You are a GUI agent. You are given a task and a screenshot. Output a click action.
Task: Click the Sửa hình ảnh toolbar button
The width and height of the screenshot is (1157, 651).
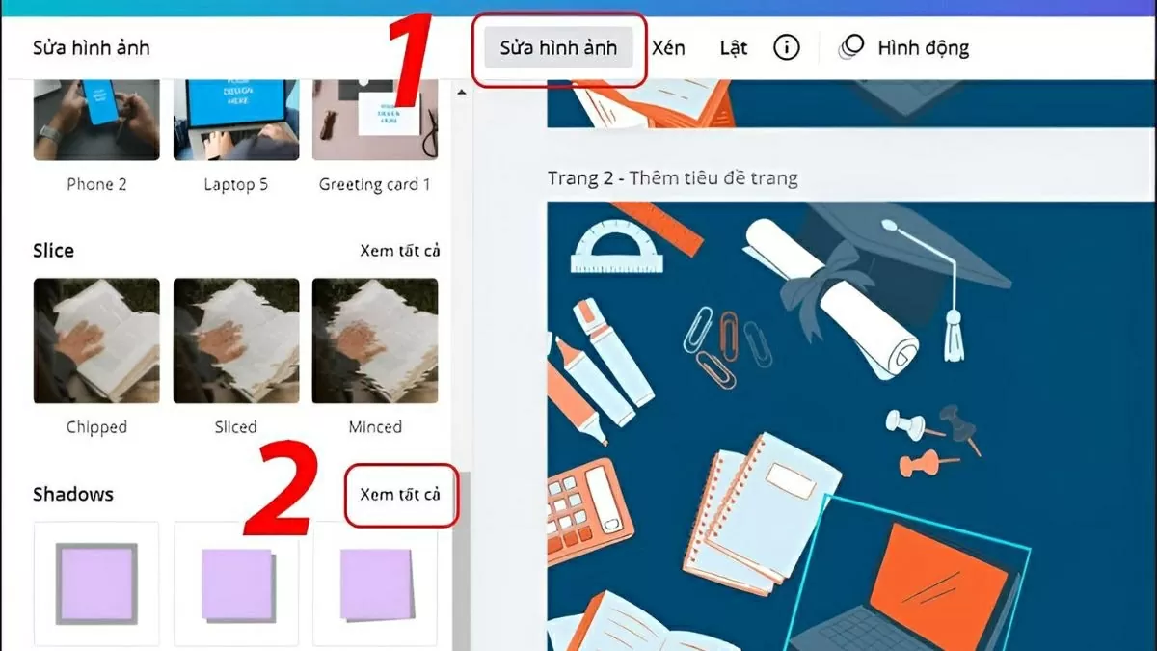[558, 48]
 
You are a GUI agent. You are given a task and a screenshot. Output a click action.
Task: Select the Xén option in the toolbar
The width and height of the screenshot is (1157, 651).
[668, 48]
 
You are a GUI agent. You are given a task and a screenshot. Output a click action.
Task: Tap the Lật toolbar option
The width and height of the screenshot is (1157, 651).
[734, 48]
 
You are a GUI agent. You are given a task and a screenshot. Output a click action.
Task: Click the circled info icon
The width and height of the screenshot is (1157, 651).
[787, 47]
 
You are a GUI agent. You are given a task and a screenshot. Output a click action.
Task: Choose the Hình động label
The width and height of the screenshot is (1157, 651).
[923, 48]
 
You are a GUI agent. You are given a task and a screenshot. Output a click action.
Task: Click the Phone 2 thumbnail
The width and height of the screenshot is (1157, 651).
[96, 121]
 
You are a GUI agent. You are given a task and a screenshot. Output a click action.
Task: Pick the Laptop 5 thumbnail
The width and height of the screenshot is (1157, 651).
[236, 121]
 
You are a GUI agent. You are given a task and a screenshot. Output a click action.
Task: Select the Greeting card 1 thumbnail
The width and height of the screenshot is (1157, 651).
[375, 121]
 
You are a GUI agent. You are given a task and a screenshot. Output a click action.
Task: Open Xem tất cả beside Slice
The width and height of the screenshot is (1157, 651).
[400, 251]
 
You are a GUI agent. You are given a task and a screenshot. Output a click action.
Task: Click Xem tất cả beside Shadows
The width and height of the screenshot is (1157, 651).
[400, 494]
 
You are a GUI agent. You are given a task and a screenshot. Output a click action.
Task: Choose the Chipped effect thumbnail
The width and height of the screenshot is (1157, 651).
[96, 340]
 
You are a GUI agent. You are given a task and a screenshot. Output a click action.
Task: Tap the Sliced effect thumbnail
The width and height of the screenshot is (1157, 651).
[236, 340]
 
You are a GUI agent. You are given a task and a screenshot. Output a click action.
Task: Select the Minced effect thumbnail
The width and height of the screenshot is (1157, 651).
[375, 340]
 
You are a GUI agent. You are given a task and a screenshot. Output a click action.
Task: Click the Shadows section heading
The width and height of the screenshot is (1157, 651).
[73, 494]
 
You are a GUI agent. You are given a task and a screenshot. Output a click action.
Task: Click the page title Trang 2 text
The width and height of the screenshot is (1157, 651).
[672, 178]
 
